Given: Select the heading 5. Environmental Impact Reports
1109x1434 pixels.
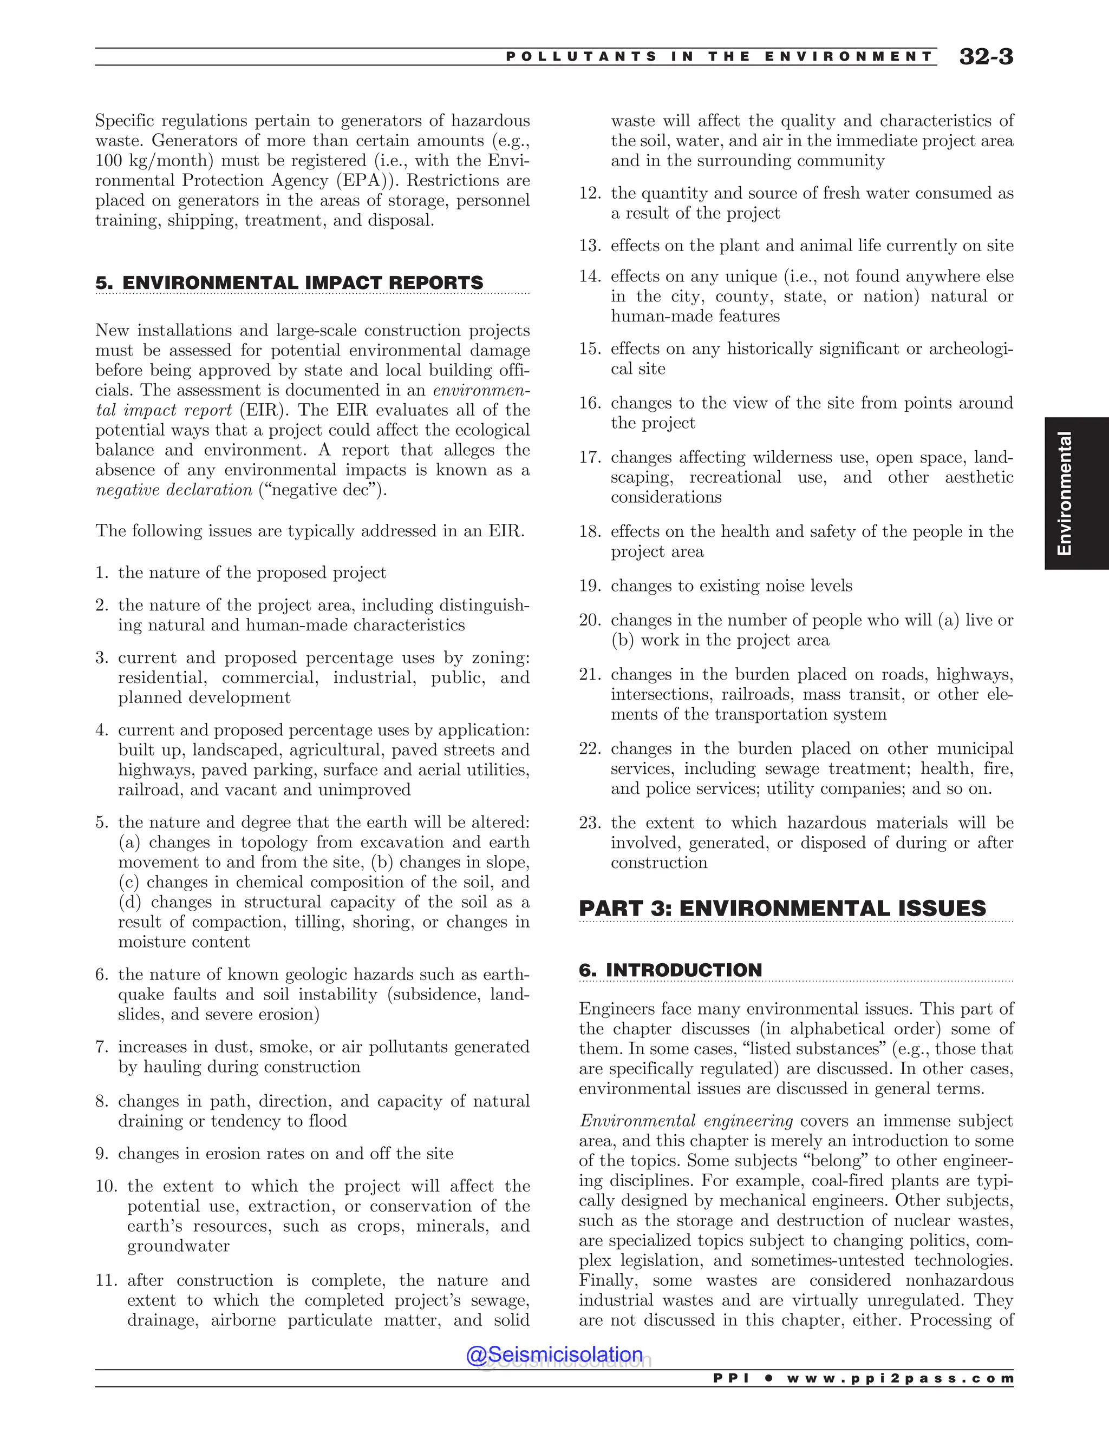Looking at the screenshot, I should (x=289, y=283).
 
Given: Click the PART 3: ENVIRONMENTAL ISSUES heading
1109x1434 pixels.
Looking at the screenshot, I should (x=782, y=909).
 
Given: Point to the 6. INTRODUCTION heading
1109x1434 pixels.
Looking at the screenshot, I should (x=670, y=970).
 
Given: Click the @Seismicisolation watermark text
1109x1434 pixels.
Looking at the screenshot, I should (x=554, y=1354).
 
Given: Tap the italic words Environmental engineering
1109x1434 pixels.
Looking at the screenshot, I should (x=685, y=1121).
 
